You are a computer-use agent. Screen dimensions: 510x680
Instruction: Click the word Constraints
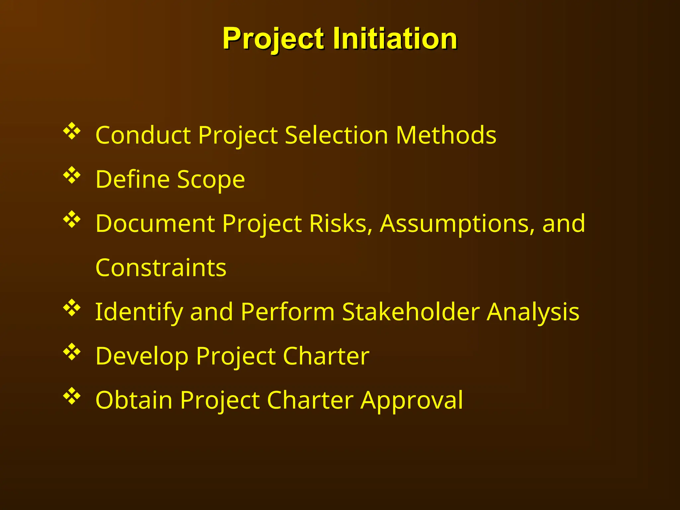pos(161,268)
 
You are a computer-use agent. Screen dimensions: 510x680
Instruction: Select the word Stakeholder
pos(411,312)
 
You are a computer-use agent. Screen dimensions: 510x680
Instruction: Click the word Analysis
pos(533,312)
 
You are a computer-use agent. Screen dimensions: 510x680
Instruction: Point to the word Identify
pos(139,312)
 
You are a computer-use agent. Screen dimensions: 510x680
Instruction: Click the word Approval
pos(412,400)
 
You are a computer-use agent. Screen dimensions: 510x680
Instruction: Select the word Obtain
pos(134,400)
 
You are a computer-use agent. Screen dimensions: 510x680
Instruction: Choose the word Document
pos(155,223)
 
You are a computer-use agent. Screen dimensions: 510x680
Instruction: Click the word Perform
pos(288,312)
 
